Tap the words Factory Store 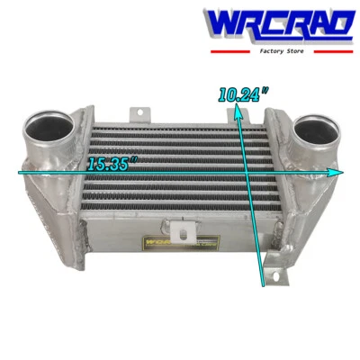point(279,52)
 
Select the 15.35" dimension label point(112,164)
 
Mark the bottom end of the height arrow point(263,283)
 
